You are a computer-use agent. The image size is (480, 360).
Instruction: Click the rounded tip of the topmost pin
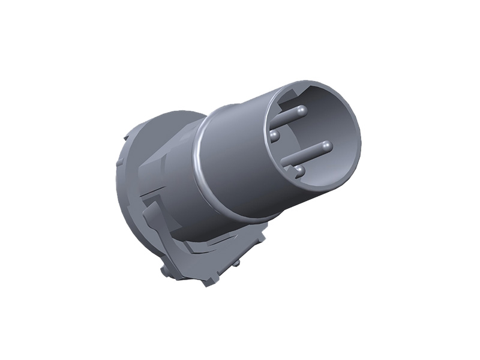(x=301, y=110)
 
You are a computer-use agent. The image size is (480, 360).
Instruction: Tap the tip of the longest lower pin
(x=326, y=145)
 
